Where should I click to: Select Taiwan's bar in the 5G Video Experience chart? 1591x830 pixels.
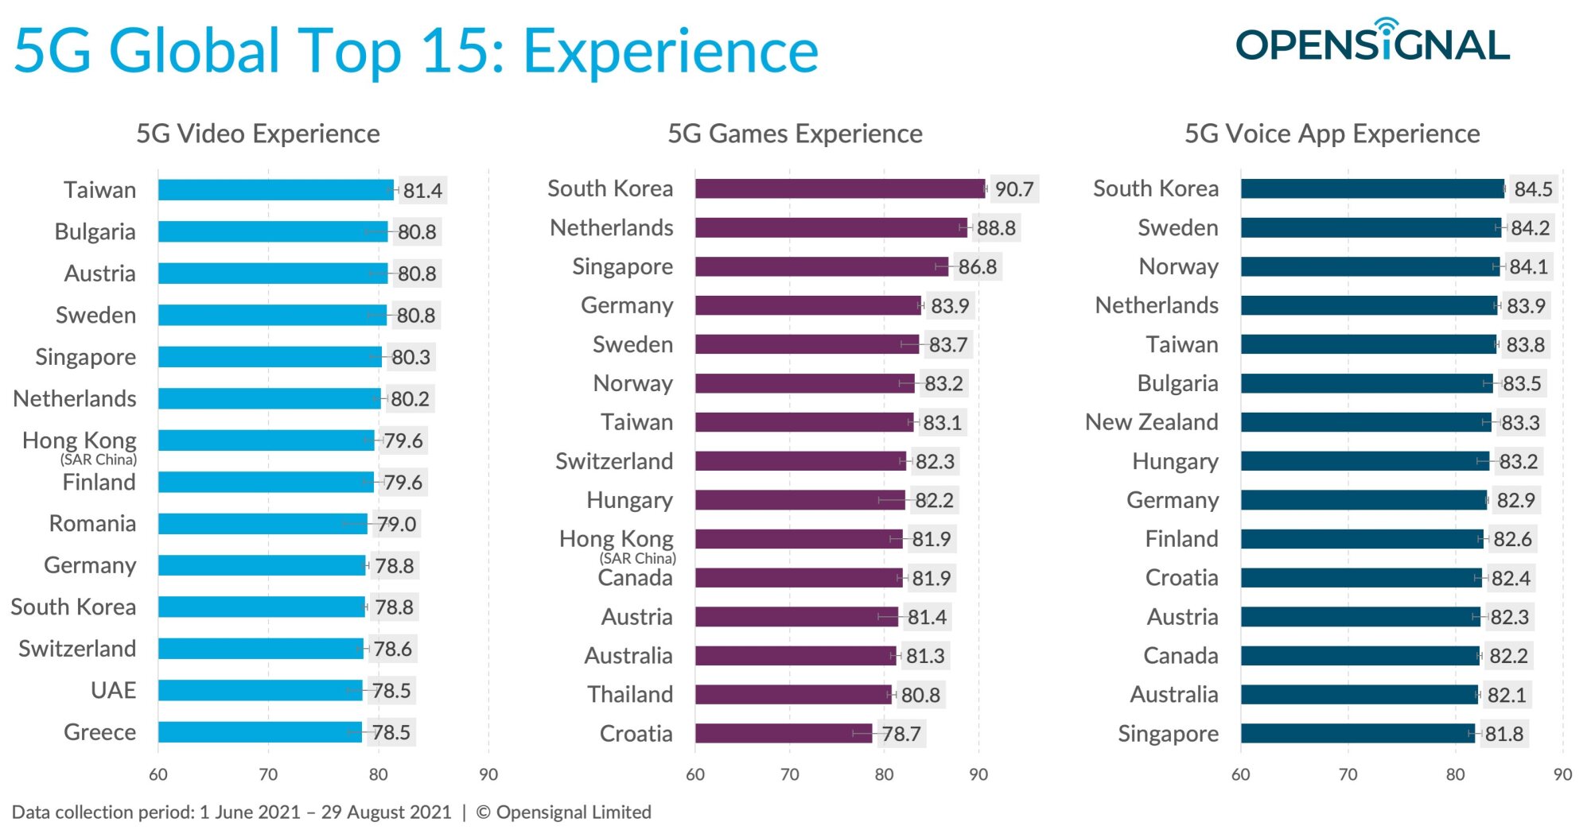(274, 190)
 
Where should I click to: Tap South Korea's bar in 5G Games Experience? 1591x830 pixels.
(839, 188)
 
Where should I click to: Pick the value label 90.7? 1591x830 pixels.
(1014, 189)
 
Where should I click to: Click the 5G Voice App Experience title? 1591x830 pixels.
(1332, 134)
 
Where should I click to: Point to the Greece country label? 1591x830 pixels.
(99, 731)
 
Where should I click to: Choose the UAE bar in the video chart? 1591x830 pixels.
(260, 690)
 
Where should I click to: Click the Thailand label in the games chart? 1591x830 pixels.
(630, 694)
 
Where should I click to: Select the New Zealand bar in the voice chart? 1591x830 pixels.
(1365, 422)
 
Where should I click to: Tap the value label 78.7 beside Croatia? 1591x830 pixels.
(901, 733)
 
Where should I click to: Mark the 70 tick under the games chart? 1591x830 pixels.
(789, 774)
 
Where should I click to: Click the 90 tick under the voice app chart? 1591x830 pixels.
(1562, 774)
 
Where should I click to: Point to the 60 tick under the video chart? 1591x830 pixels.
(158, 774)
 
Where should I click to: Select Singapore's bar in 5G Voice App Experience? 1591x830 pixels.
(1357, 733)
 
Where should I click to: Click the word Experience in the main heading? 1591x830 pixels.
(671, 52)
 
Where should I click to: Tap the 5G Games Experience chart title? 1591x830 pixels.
(795, 134)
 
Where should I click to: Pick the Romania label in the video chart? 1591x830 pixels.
(92, 523)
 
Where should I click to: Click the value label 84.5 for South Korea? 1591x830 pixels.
(1533, 189)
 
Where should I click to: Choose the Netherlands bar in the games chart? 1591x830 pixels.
(831, 227)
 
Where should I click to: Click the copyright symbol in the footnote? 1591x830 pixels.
(483, 812)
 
